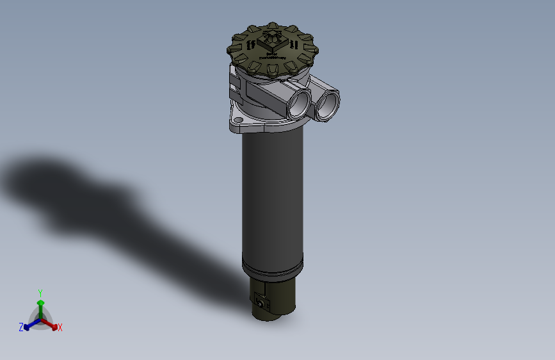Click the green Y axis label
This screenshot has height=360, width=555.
40,292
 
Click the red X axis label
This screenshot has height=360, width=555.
60,328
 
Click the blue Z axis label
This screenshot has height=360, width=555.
21,327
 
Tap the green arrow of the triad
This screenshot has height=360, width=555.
40,304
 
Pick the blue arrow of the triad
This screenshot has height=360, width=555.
29,323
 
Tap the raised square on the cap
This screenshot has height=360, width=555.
274,39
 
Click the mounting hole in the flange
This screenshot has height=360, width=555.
238,120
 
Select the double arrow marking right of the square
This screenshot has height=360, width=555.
293,45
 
